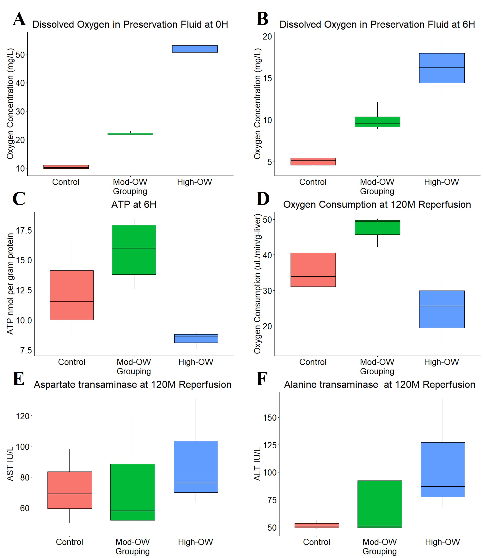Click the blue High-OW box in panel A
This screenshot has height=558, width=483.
[x=195, y=49]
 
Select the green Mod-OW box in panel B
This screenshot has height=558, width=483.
[x=377, y=122]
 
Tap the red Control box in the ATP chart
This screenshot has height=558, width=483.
[x=72, y=295]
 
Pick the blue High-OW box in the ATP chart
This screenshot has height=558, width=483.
[x=196, y=338]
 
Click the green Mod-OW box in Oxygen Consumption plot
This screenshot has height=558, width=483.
[x=377, y=227]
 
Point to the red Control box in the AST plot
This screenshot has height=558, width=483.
[x=69, y=490]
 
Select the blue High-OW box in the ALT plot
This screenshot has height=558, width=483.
[x=443, y=470]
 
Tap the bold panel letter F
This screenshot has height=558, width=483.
[x=262, y=379]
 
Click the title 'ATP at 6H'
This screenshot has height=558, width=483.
[x=134, y=205]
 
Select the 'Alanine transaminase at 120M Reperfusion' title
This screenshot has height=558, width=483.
[x=379, y=384]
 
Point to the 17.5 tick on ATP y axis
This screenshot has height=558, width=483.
[x=24, y=230]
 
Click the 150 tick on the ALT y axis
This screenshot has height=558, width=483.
[x=270, y=418]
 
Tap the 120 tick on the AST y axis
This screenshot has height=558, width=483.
[x=22, y=416]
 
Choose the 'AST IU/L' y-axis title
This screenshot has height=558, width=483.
[x=10, y=464]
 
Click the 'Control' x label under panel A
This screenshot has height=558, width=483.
[x=66, y=182]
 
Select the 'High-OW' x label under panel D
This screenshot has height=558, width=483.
[x=442, y=362]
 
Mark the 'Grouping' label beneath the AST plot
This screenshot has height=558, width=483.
[x=132, y=551]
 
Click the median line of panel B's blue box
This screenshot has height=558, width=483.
[x=442, y=68]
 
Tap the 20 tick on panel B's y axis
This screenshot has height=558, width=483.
[x=267, y=36]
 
